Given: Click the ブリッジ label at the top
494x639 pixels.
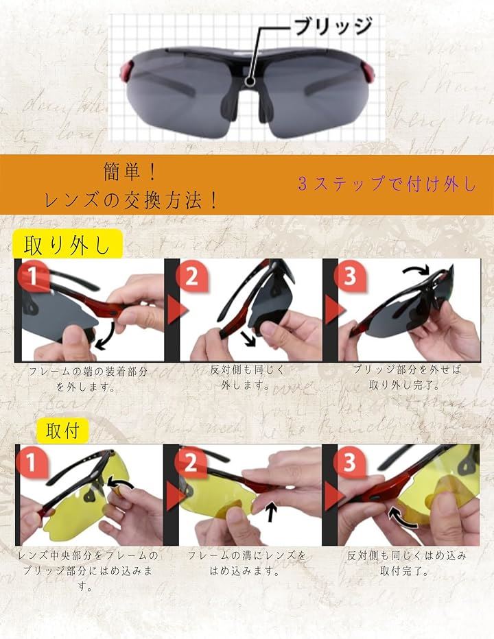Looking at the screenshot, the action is pyautogui.click(x=333, y=26).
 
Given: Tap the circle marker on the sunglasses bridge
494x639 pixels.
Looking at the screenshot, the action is pyautogui.click(x=250, y=81).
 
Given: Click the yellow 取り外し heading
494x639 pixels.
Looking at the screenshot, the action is pyautogui.click(x=67, y=244).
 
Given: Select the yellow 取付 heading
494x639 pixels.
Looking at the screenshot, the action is pyautogui.click(x=62, y=431).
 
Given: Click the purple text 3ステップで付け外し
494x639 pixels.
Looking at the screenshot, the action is pyautogui.click(x=387, y=184).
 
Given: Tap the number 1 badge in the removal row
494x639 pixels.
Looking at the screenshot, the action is pyautogui.click(x=33, y=276).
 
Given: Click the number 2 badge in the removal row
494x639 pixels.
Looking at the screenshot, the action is pyautogui.click(x=191, y=276).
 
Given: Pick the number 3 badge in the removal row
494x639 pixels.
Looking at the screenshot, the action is pyautogui.click(x=350, y=276).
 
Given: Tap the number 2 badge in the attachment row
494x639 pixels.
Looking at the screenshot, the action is pyautogui.click(x=191, y=462).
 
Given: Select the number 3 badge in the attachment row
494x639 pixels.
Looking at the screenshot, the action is pyautogui.click(x=350, y=462).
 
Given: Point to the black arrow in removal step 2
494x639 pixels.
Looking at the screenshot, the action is pyautogui.click(x=248, y=339).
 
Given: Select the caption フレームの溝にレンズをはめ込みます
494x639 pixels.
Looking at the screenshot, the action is pyautogui.click(x=246, y=563).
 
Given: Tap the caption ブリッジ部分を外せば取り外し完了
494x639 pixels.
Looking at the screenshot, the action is pyautogui.click(x=406, y=377).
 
